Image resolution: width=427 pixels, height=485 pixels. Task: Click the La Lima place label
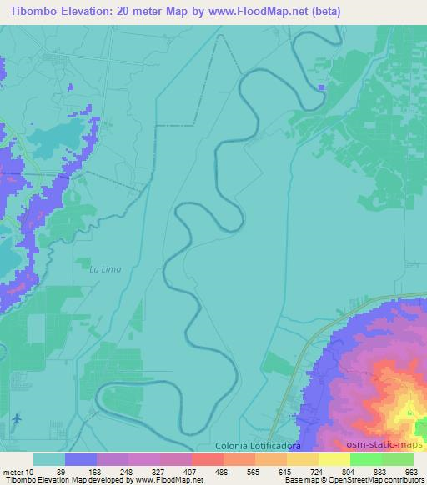105,268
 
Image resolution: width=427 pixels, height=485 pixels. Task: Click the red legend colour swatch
207,459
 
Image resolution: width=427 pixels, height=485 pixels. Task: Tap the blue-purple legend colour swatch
81,459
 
